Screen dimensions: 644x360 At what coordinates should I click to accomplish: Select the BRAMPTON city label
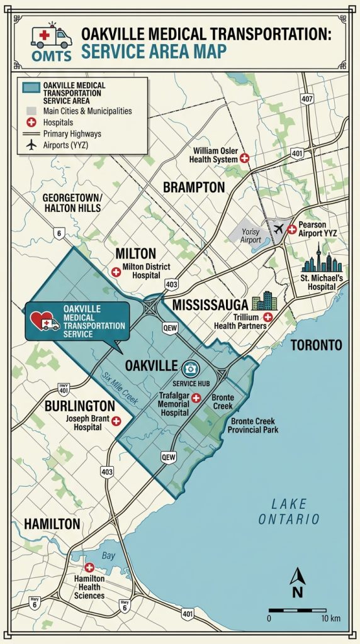click(193, 187)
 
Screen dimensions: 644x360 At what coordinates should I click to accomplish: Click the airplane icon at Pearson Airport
click(279, 229)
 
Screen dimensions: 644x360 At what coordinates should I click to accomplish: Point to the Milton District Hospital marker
click(116, 272)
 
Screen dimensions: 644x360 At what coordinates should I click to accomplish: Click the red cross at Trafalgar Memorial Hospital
click(196, 398)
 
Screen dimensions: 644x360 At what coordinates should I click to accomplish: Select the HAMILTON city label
click(52, 523)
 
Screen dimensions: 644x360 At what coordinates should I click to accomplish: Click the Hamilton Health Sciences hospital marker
click(89, 568)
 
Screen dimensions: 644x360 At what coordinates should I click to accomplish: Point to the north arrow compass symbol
click(298, 582)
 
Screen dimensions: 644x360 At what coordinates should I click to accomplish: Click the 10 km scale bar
click(304, 610)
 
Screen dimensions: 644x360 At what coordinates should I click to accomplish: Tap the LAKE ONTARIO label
click(289, 511)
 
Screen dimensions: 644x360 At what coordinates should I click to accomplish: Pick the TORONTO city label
click(316, 345)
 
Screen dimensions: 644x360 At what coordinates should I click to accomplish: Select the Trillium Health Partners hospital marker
click(268, 317)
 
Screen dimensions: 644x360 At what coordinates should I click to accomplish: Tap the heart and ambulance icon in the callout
click(45, 319)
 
